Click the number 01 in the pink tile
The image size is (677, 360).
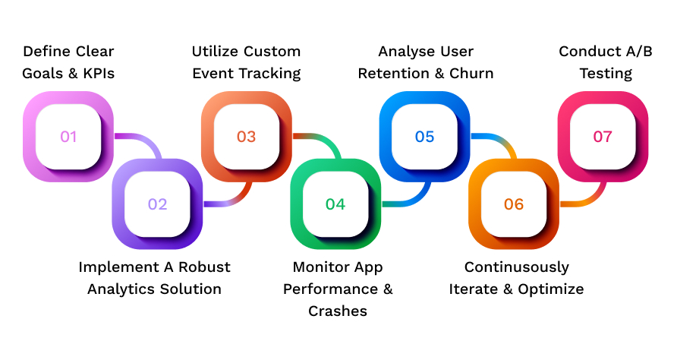click(x=69, y=137)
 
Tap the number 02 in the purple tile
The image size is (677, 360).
click(x=157, y=204)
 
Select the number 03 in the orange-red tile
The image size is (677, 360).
click(x=246, y=137)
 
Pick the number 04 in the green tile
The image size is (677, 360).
click(x=335, y=204)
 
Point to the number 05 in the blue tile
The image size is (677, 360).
click(x=424, y=137)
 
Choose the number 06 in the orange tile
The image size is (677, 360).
click(x=514, y=204)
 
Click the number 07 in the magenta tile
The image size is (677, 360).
click(x=603, y=137)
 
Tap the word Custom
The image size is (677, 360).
click(x=272, y=52)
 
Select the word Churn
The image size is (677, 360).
click(x=471, y=74)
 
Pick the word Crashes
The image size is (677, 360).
click(x=337, y=311)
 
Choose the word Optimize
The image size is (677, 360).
click(x=551, y=289)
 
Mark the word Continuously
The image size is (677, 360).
click(x=516, y=267)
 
